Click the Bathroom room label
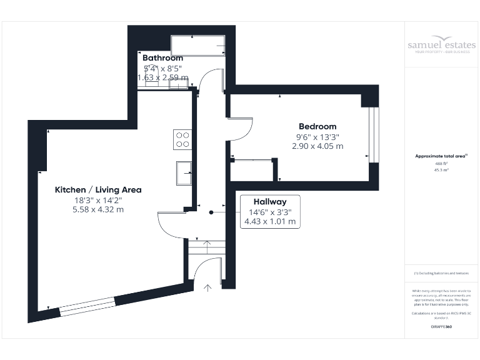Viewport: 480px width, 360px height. (162, 58)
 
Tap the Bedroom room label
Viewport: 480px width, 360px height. (317, 126)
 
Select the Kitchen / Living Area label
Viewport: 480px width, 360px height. (98, 189)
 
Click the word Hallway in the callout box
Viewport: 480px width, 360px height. (270, 202)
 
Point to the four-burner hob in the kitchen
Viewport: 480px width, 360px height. (182, 139)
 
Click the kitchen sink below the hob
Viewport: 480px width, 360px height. (184, 173)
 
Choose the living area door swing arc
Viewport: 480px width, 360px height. (170, 223)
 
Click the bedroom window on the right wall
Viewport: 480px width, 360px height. (373, 135)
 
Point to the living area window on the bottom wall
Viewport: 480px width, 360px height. (87, 305)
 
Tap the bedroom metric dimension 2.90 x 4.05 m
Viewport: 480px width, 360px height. (317, 146)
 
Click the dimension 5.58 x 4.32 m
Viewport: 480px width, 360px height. (98, 209)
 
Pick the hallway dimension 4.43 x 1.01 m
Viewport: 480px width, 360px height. (270, 222)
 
